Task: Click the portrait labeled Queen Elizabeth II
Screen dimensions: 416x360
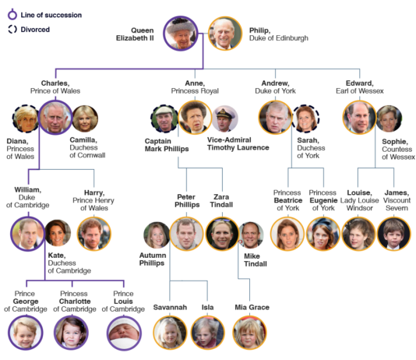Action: (181, 34)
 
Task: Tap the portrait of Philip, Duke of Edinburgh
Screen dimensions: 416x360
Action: (225, 34)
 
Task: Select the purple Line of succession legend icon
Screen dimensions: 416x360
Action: (12, 15)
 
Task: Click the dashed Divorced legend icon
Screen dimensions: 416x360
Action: (12, 29)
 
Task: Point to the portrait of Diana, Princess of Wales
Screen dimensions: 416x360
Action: (26, 119)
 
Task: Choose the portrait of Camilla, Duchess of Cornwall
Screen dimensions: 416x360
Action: (85, 118)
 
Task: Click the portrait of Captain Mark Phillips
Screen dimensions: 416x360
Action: (164, 118)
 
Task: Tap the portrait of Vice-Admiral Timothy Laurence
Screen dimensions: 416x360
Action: (225, 118)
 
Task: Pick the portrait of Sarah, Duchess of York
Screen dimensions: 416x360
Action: (305, 118)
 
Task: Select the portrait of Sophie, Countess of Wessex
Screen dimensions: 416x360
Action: (389, 118)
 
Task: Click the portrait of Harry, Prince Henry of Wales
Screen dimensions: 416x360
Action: (94, 234)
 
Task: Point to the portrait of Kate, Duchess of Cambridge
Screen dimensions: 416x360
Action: (58, 233)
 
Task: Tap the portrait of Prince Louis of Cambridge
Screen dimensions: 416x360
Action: (124, 333)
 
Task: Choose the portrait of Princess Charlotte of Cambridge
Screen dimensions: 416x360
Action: (71, 333)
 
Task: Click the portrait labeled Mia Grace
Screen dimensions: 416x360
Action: (249, 333)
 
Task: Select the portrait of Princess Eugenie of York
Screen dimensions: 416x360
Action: (323, 234)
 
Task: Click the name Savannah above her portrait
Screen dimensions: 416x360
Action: (170, 307)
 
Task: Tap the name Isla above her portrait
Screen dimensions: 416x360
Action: (207, 307)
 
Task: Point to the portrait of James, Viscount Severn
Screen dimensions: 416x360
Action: (394, 234)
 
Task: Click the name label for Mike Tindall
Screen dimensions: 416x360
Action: (256, 260)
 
